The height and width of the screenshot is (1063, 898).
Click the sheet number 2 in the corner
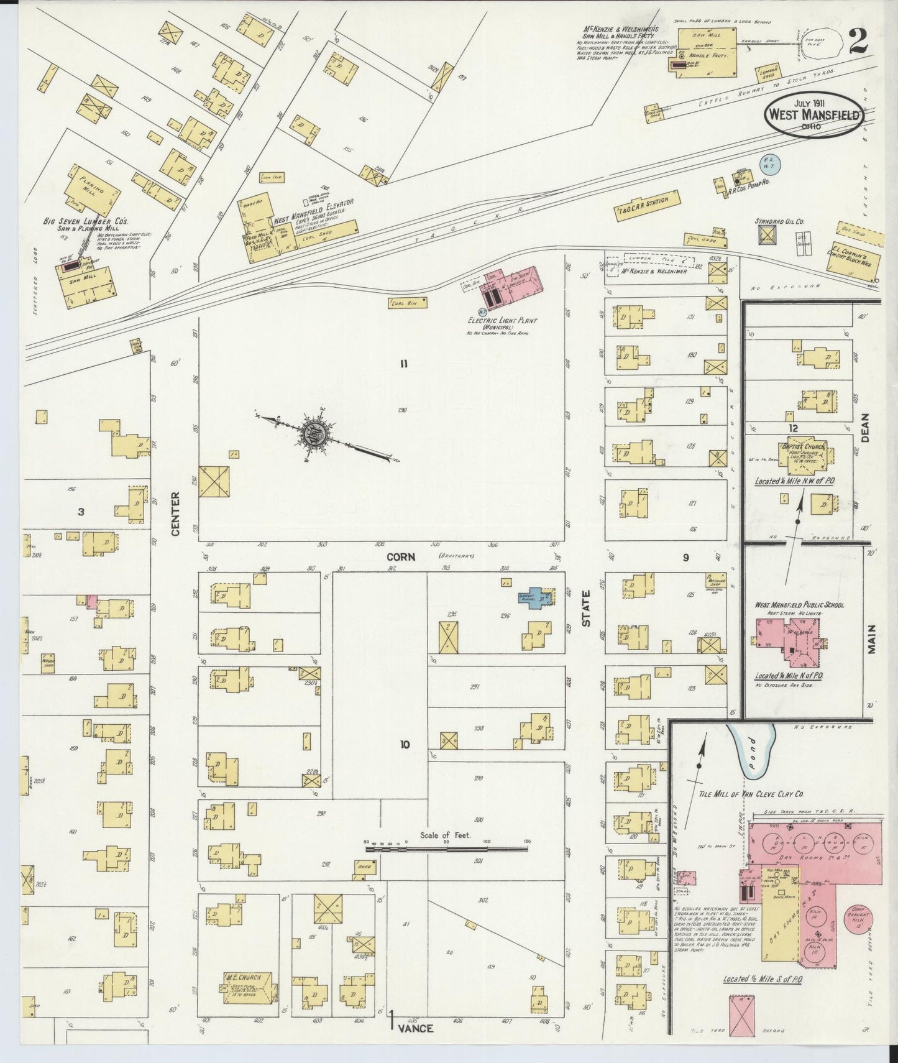860,43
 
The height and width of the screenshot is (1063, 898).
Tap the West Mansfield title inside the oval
813,115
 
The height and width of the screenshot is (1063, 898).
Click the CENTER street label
175,513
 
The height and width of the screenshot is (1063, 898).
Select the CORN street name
401,557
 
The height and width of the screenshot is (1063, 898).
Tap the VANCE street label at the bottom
415,1028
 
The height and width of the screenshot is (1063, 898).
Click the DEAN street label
866,428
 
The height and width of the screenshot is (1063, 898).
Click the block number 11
403,364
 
